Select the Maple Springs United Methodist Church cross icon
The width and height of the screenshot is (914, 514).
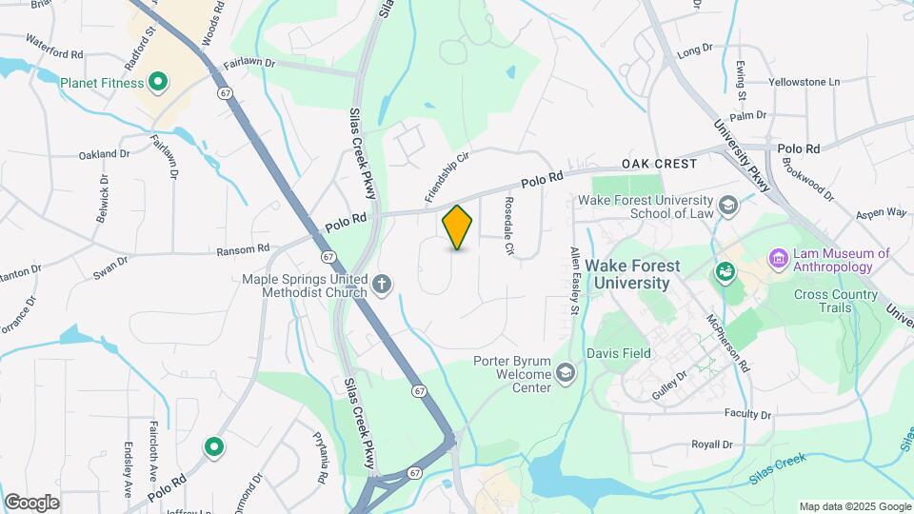tap(382, 284)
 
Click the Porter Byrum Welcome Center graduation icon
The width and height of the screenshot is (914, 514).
tap(566, 371)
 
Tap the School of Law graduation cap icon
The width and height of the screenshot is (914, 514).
tap(728, 206)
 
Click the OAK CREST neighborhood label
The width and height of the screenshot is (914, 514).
tap(660, 164)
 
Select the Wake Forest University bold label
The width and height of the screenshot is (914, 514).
tap(634, 274)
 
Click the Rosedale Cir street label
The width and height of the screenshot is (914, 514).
tap(509, 226)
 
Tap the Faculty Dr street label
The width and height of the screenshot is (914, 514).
tap(746, 414)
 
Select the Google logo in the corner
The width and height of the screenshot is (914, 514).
tap(31, 502)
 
